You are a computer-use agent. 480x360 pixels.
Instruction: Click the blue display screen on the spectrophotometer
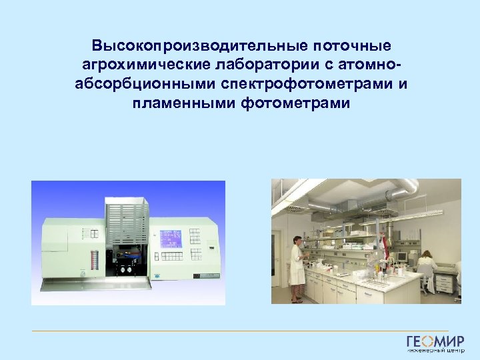(x=170, y=238)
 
